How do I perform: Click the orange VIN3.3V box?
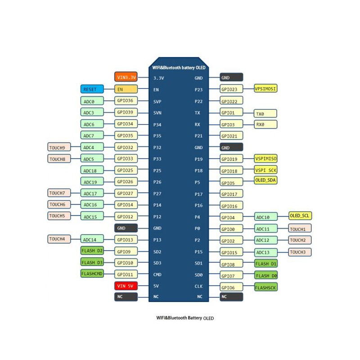point(126,77)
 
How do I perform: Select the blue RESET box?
point(92,89)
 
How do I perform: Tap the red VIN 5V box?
point(126,286)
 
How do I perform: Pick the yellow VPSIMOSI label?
point(265,89)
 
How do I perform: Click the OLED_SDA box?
point(265,180)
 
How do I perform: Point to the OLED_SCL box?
point(300,216)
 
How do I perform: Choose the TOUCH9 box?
point(59,147)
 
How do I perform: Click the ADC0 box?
point(92,101)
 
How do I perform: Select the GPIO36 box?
point(126,100)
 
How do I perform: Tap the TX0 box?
point(265,113)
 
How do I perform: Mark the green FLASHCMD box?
point(92,274)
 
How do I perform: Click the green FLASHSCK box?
point(266,287)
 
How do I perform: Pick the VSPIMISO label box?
point(265,158)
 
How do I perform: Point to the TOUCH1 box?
point(300,229)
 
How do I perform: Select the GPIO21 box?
point(231,136)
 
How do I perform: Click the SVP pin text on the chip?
point(157,102)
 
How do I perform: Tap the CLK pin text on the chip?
point(198,286)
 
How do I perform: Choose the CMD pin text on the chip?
point(157,274)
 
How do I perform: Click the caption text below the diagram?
point(185,318)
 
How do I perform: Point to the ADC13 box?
point(266,252)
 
